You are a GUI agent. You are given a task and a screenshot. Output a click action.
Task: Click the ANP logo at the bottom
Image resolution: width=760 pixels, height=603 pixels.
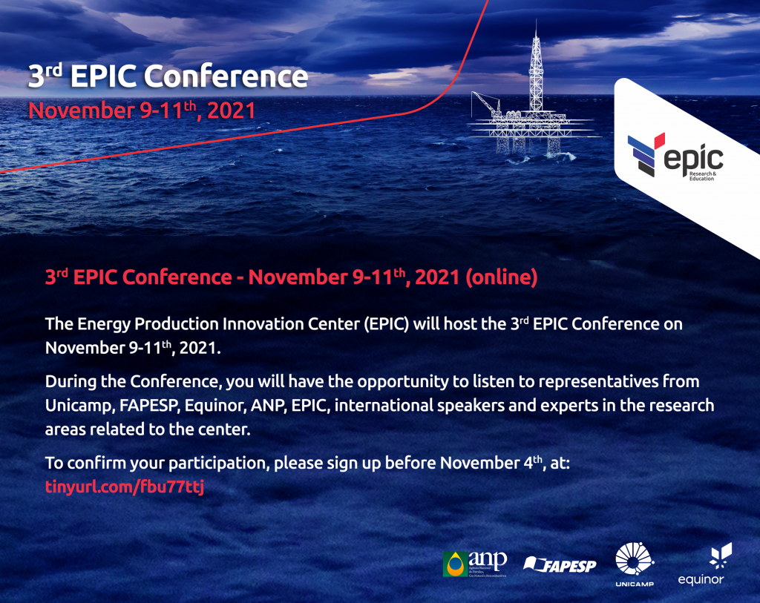point(475,564)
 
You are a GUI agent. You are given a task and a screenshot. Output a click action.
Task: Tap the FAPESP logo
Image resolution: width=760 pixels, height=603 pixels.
point(560,564)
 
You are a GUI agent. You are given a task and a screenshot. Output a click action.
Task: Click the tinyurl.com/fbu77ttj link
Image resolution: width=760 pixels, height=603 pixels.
point(125,487)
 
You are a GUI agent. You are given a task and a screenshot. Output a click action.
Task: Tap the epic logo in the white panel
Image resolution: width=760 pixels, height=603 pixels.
point(675,156)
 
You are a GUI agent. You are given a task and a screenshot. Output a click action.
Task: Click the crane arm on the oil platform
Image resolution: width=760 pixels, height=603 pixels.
point(485,102)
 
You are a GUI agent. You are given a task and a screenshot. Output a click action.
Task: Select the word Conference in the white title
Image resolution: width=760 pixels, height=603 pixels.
point(226,76)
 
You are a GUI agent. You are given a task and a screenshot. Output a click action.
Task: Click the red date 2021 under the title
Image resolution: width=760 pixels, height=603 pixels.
point(232,111)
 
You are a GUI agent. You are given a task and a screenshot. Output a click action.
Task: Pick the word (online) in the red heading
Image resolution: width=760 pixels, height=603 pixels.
point(501,277)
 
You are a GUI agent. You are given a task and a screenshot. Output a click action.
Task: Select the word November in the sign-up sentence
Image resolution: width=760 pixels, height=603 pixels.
point(479,463)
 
